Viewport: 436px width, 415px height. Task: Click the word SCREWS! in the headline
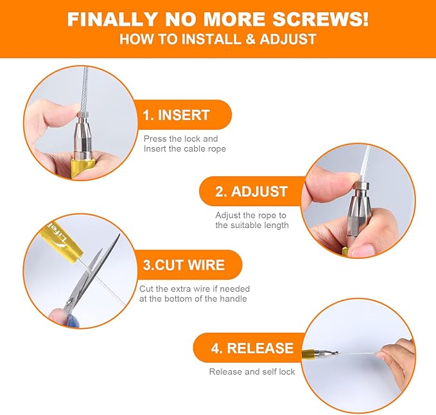point(320,19)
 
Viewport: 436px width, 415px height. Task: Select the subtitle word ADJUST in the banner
point(288,39)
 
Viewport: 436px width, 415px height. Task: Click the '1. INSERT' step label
point(176,115)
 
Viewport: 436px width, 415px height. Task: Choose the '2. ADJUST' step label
point(251,191)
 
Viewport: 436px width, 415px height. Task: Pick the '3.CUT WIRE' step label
point(184,265)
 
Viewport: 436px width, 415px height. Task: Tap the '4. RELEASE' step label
point(252,348)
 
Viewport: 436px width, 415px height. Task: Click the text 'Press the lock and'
point(180,139)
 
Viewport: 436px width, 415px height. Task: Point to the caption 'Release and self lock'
point(252,371)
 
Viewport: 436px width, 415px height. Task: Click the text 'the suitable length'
point(252,225)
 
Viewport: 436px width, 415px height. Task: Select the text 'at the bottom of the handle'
point(193,299)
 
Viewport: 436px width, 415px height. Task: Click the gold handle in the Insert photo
point(81,168)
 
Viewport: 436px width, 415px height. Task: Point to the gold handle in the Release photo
point(308,354)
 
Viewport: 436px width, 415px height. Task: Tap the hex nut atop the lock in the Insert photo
point(83,114)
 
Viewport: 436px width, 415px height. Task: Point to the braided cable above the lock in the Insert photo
point(85,89)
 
